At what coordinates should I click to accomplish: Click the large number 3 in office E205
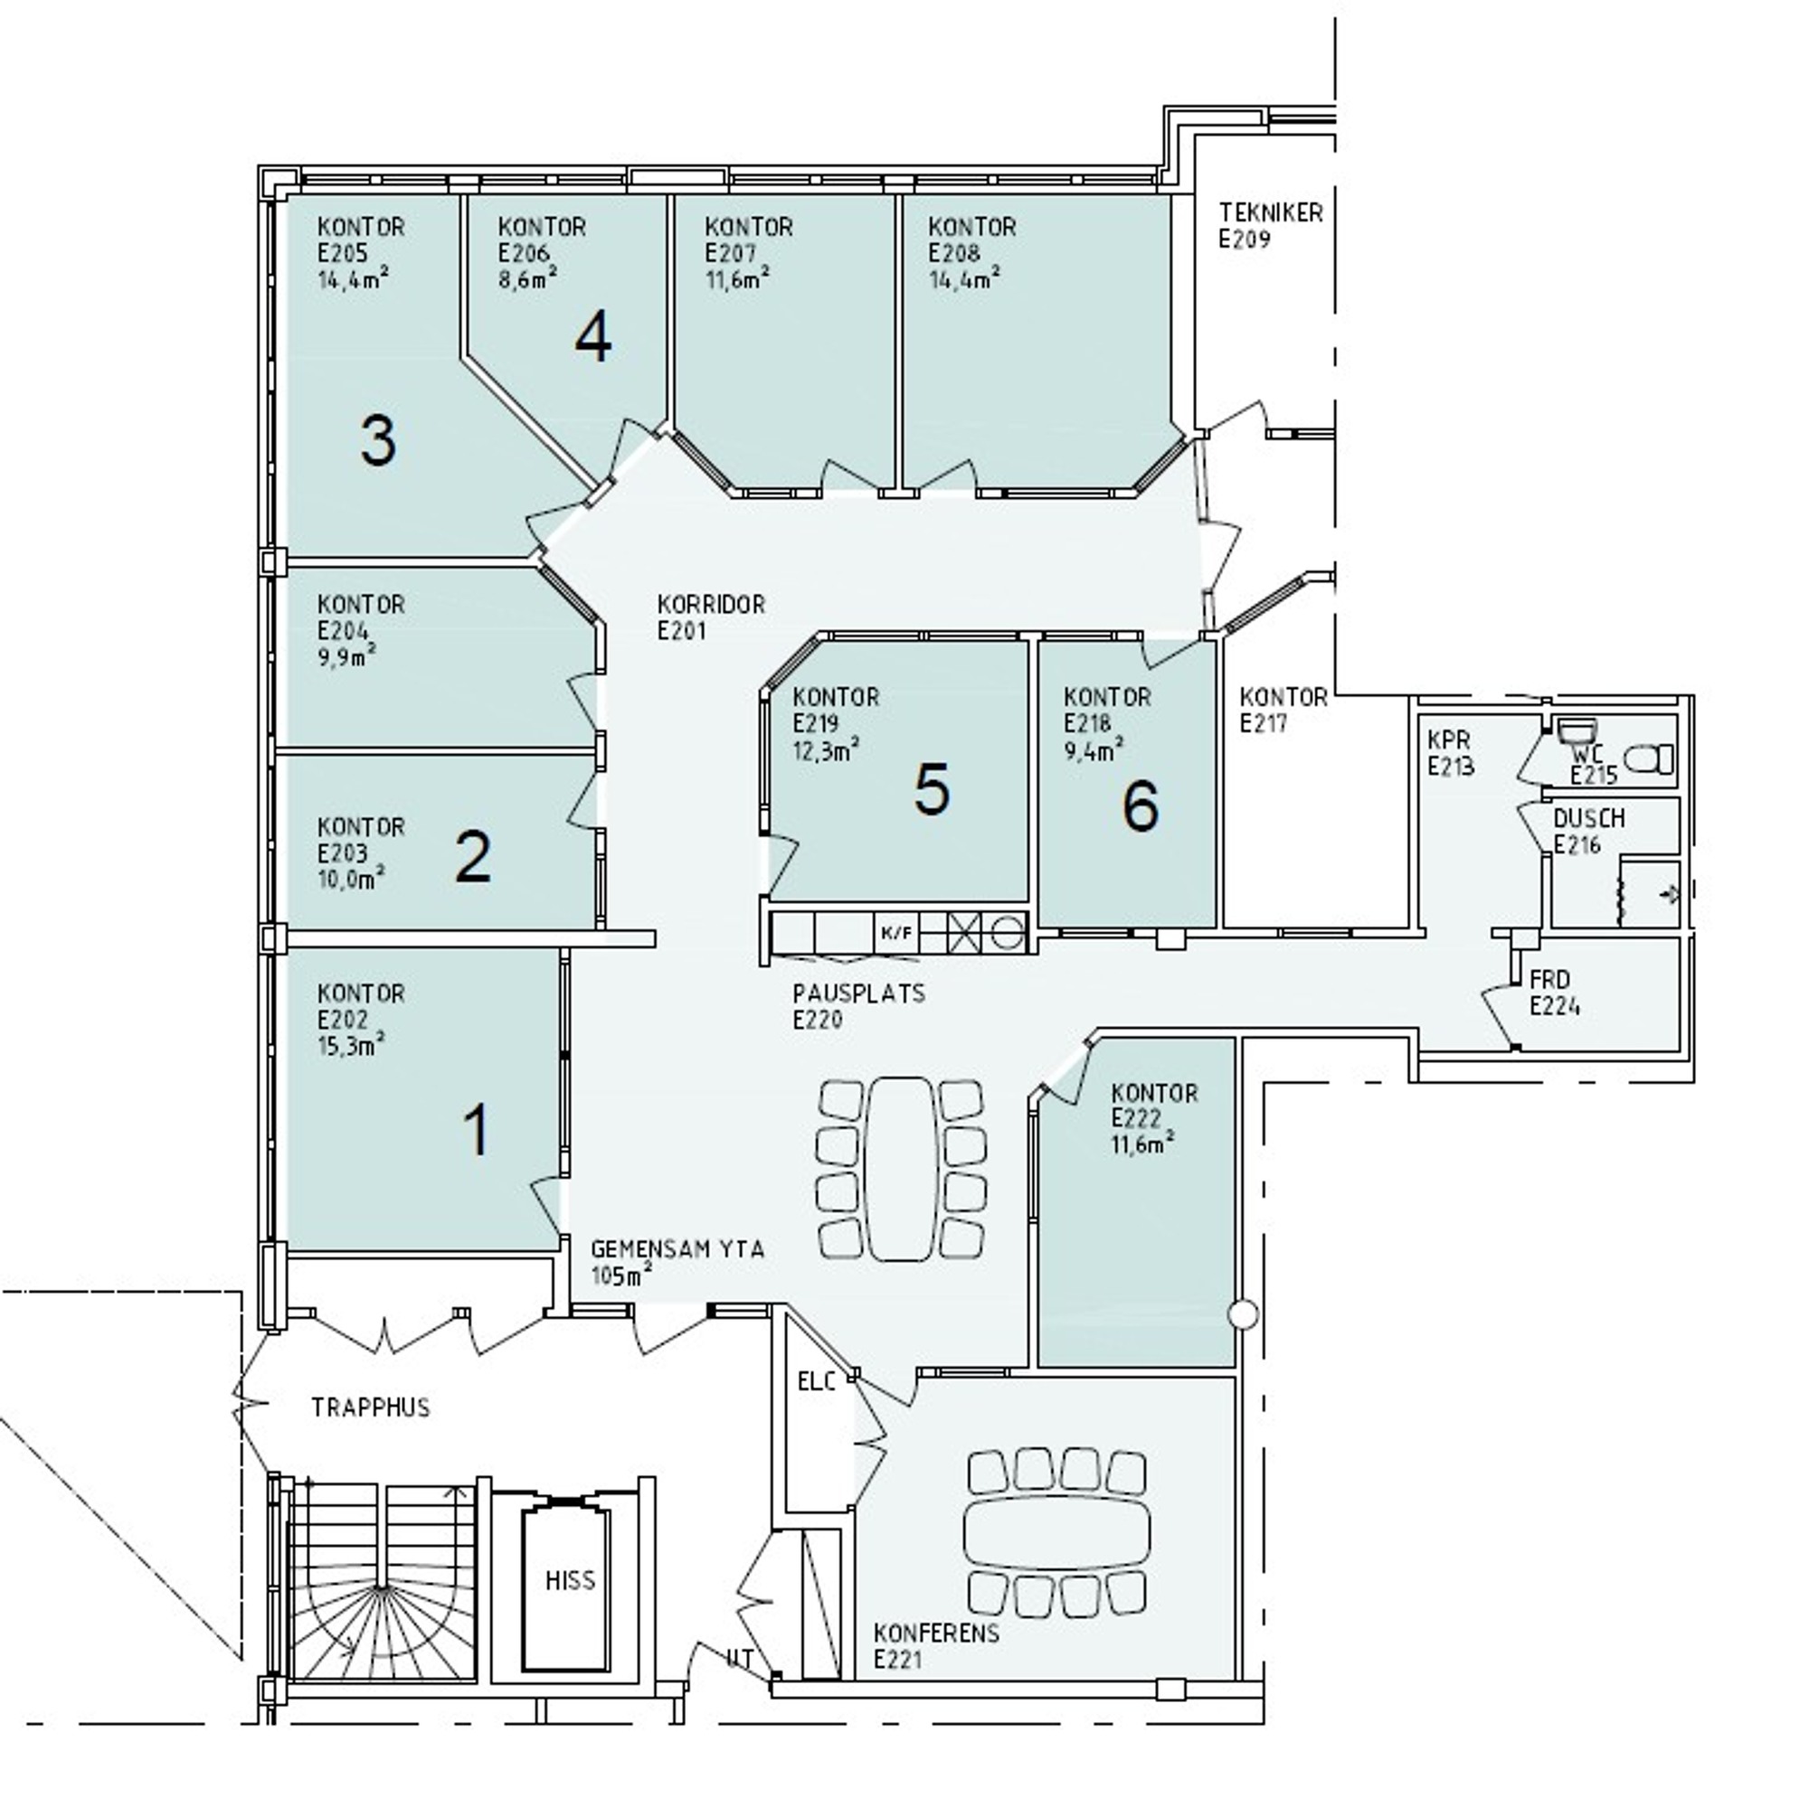377,441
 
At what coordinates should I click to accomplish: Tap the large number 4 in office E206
592,338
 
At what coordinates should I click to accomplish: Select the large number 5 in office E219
932,788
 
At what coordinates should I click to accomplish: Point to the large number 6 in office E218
1140,805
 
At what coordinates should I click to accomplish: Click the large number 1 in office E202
477,1130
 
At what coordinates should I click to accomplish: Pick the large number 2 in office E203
472,857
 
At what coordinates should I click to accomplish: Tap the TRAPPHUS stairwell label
371,1407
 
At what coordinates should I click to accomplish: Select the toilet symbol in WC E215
1648,758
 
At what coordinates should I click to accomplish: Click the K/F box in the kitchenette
896,932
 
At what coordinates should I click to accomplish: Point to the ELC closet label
817,1381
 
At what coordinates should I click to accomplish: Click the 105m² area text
621,1274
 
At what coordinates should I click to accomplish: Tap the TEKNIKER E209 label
1271,226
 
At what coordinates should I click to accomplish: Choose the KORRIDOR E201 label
712,617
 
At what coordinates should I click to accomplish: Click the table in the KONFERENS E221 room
1056,1533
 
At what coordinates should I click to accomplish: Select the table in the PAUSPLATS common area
902,1168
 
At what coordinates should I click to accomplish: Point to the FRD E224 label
1555,993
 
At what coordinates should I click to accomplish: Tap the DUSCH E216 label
1589,831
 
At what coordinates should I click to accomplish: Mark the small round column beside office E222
1244,1315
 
